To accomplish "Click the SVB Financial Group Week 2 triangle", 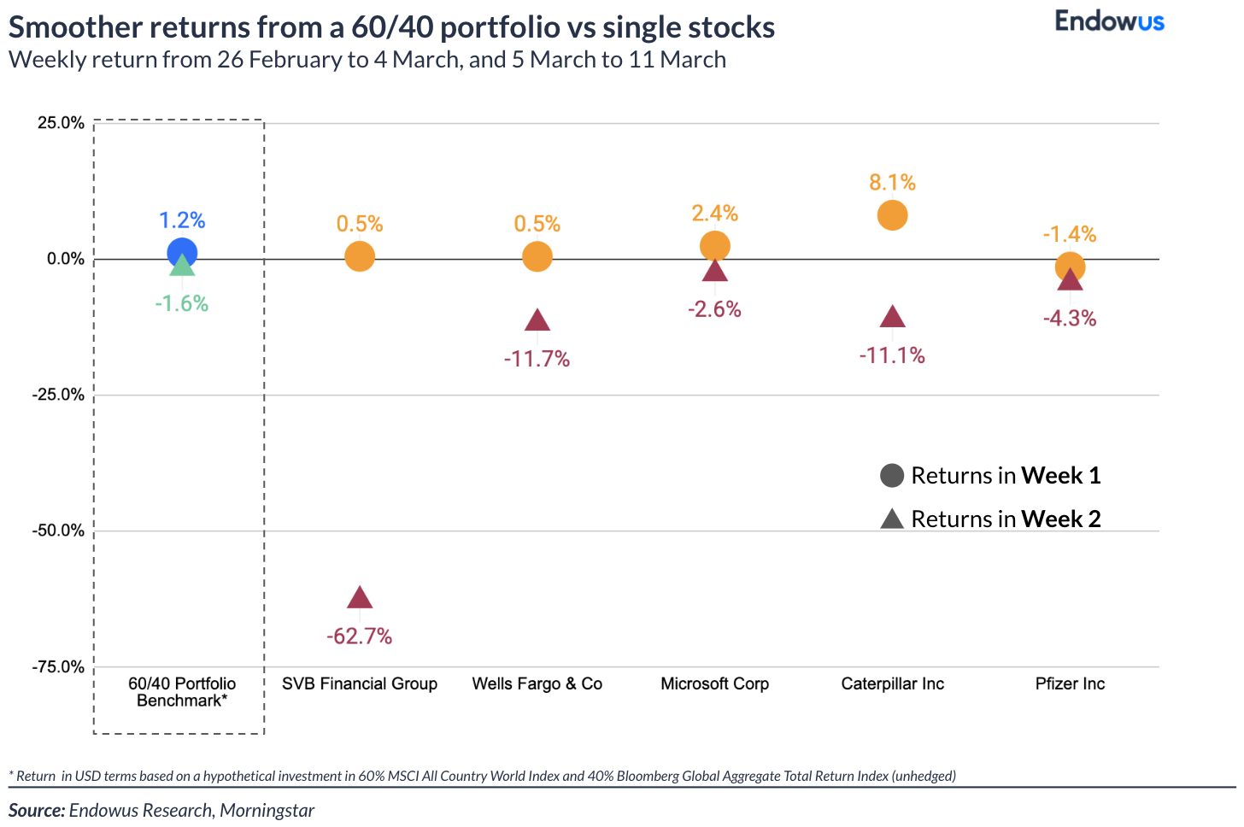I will coord(360,599).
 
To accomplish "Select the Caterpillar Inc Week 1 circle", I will coord(892,215).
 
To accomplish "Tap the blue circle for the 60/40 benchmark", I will coord(182,253).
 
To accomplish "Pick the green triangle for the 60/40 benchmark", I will coord(182,267).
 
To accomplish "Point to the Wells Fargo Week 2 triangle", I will coord(537,321).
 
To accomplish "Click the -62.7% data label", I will coord(360,636).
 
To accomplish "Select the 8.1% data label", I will coord(892,183).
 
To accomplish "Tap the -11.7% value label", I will coord(537,359).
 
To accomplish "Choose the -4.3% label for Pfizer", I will coord(1070,319).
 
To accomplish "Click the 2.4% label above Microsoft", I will coord(715,214).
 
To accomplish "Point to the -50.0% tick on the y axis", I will coord(58,531).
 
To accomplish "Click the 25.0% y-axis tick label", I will coord(61,123).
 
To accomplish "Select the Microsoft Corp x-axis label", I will coord(715,683).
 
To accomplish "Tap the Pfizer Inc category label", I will coord(1070,683).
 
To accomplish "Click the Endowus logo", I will coord(1109,21).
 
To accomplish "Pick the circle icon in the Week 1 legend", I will coord(892,476).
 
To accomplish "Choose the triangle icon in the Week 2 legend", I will coord(892,519).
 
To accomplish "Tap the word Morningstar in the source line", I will coord(267,810).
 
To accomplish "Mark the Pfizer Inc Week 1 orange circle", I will coord(1070,267).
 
